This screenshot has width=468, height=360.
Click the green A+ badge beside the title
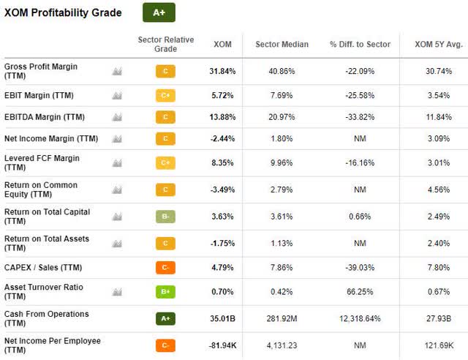pyautogui.click(x=159, y=12)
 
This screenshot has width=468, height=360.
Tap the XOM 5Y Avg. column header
pyautogui.click(x=439, y=44)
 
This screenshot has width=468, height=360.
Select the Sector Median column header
pyautogui.click(x=282, y=44)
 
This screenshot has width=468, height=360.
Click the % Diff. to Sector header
pyautogui.click(x=360, y=44)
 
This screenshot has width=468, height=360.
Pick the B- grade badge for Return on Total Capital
pyautogui.click(x=165, y=217)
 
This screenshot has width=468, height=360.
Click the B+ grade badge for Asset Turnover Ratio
pyautogui.click(x=165, y=292)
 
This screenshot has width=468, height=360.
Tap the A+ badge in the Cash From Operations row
pyautogui.click(x=165, y=319)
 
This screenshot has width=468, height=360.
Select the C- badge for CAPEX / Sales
pyautogui.click(x=165, y=267)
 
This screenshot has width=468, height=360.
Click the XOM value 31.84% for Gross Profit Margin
pyautogui.click(x=222, y=71)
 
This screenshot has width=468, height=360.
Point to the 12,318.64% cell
pyautogui.click(x=360, y=319)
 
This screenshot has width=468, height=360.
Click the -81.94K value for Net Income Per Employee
pyautogui.click(x=222, y=345)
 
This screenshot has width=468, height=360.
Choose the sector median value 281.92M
pyautogui.click(x=282, y=319)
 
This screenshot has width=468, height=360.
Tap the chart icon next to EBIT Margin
pyautogui.click(x=117, y=96)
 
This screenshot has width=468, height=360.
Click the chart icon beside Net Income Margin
pyautogui.click(x=117, y=138)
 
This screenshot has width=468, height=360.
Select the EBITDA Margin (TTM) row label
pyautogui.click(x=45, y=117)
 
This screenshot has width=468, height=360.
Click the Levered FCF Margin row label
pyautogui.click(x=42, y=163)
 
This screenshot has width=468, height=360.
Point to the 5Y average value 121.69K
pyautogui.click(x=439, y=345)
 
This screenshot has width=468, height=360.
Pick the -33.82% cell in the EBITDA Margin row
pyautogui.click(x=360, y=117)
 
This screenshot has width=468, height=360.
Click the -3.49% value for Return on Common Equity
pyautogui.click(x=222, y=190)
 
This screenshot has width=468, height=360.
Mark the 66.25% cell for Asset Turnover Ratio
pyautogui.click(x=360, y=292)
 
